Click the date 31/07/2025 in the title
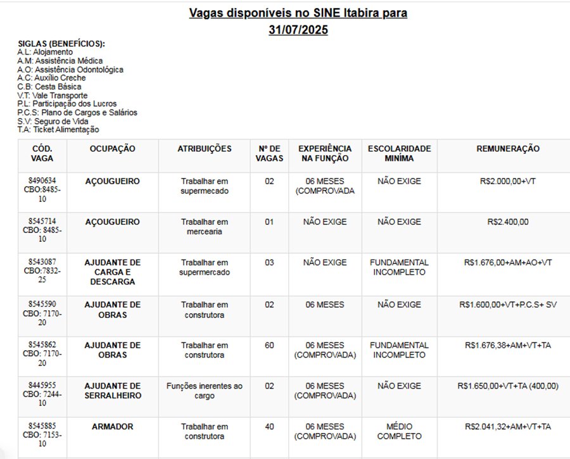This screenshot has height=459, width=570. pos(298,30)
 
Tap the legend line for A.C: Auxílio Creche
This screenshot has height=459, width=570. pos(51,78)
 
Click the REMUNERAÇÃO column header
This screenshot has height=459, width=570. pos(508,149)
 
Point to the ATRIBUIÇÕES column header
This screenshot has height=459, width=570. pos(204,149)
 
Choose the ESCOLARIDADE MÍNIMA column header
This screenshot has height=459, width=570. pos(399,153)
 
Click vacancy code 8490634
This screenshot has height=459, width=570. pos(42,180)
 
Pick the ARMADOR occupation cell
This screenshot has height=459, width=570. pos(112,427)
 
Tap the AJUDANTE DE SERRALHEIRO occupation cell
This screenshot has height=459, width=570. pos(112,391)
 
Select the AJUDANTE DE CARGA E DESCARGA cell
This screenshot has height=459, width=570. pos(112,272)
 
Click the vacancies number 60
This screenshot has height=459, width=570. pos(269,346)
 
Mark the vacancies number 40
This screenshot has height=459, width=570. pos(269,427)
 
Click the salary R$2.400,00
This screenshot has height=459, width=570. pos(508,222)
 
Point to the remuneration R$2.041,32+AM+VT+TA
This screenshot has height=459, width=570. pos(508,427)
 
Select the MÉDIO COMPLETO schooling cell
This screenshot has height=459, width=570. pos(399,431)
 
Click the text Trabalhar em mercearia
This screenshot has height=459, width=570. pos(204,227)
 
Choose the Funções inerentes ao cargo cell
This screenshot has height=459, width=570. pos(204,391)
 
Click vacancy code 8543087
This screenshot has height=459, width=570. pos(42,262)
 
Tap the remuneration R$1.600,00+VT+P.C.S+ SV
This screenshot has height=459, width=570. pos(508,305)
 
